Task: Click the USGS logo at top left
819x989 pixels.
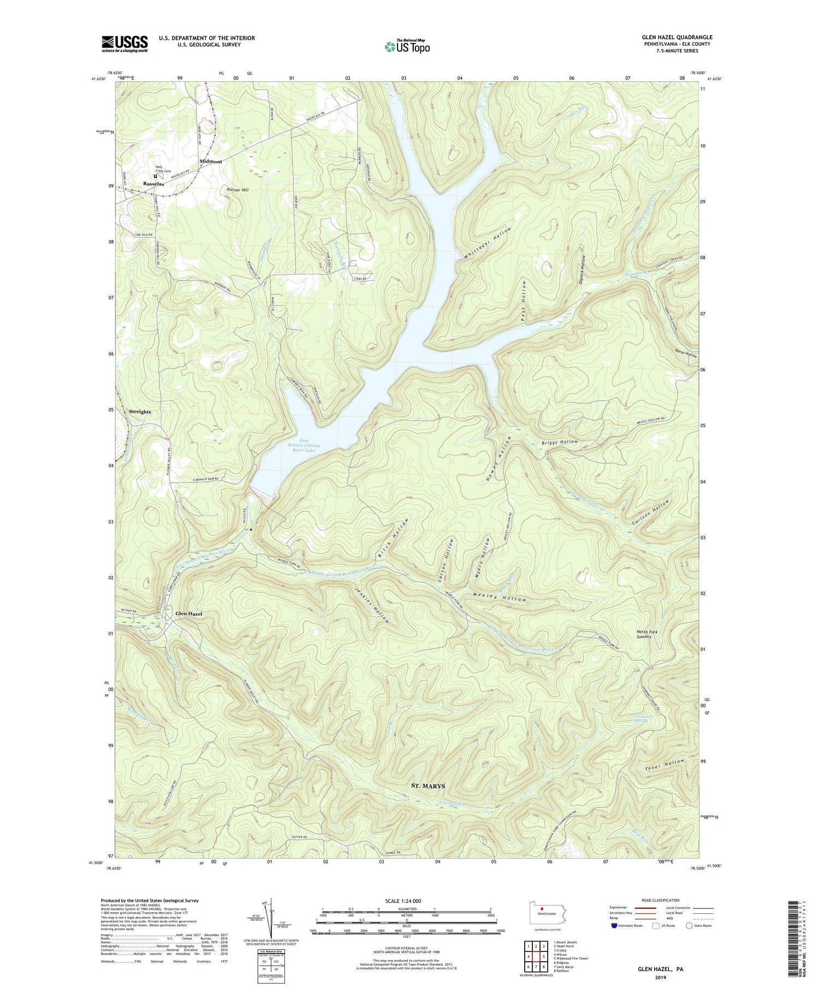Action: pyautogui.click(x=124, y=44)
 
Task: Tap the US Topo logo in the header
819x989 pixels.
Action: pyautogui.click(x=407, y=47)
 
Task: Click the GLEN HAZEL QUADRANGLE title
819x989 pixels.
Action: pyautogui.click(x=677, y=37)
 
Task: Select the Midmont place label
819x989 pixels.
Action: pyautogui.click(x=211, y=161)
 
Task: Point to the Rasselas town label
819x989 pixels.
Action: pyautogui.click(x=153, y=184)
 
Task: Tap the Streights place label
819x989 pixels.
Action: pyautogui.click(x=140, y=412)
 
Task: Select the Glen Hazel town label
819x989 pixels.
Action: pyautogui.click(x=188, y=614)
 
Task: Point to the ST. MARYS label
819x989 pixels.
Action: pyautogui.click(x=428, y=786)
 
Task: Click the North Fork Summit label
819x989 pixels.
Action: pyautogui.click(x=647, y=634)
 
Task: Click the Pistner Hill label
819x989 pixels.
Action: pyautogui.click(x=237, y=190)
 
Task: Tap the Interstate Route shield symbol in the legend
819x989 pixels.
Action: pyautogui.click(x=614, y=926)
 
